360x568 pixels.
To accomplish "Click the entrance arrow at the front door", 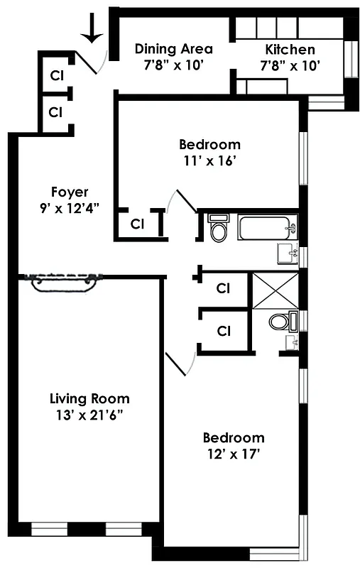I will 92,28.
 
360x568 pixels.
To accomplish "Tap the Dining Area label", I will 173,49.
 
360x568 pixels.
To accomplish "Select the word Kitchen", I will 290,49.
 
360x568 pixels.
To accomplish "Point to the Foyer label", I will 69,192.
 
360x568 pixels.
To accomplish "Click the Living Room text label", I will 89,398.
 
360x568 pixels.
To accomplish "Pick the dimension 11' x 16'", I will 209,160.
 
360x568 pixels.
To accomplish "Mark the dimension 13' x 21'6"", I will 89,415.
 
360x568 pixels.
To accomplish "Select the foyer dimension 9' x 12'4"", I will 69,208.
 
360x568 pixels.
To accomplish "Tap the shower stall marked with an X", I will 274,290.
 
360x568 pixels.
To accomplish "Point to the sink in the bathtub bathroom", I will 288,252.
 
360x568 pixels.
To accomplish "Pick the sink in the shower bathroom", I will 291,343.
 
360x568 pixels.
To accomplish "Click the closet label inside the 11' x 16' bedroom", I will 137,224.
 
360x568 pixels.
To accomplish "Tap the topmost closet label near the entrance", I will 55,75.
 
